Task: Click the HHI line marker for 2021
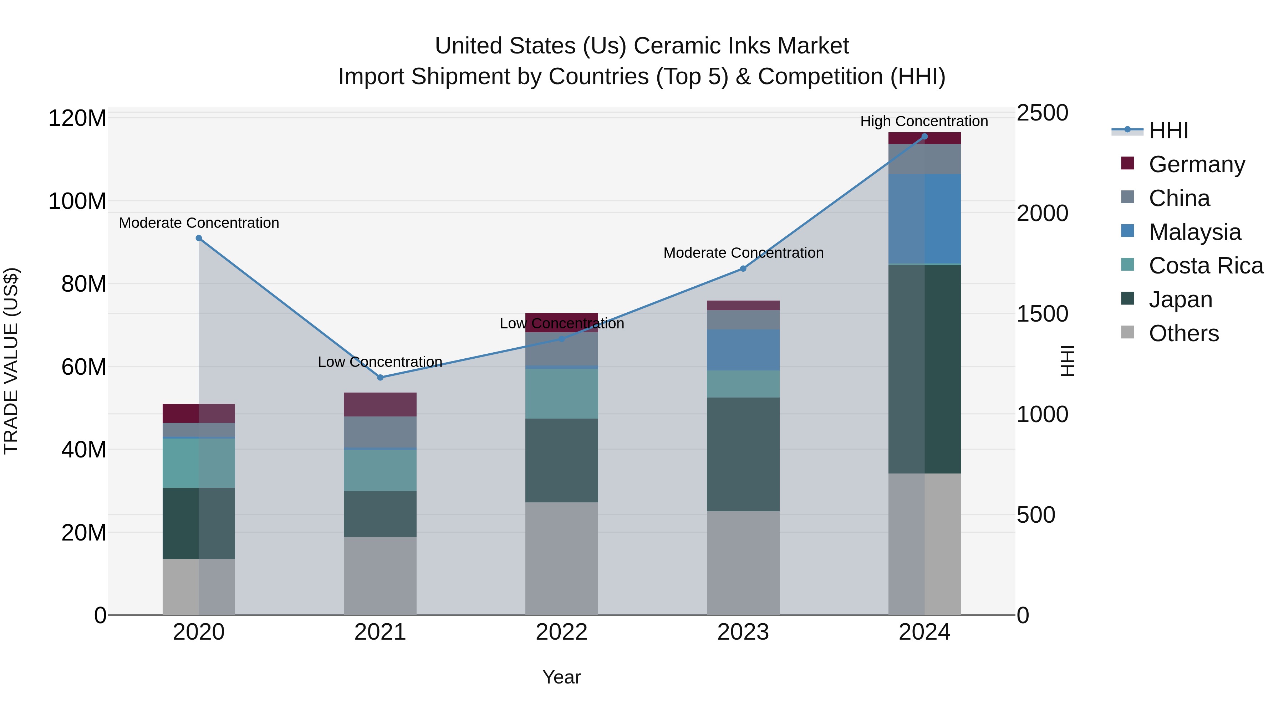click(x=380, y=377)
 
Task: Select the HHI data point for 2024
click(x=924, y=137)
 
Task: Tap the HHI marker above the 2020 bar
click(x=199, y=238)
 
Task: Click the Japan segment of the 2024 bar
click(x=924, y=369)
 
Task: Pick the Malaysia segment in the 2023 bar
click(x=743, y=350)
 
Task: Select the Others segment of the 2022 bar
click(x=562, y=558)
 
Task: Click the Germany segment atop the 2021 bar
click(x=380, y=404)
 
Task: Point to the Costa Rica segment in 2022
click(x=562, y=394)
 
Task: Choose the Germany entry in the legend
click(x=1196, y=164)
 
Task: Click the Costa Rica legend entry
click(x=1205, y=266)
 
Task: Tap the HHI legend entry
click(x=1168, y=130)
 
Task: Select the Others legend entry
click(x=1183, y=333)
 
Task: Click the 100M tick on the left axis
click(x=77, y=201)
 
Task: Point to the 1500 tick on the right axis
click(x=1042, y=314)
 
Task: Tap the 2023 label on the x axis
click(x=743, y=632)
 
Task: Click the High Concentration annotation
click(x=924, y=121)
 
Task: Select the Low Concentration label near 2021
click(x=380, y=362)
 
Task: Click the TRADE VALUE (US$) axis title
click(x=11, y=361)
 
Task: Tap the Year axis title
click(x=562, y=677)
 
